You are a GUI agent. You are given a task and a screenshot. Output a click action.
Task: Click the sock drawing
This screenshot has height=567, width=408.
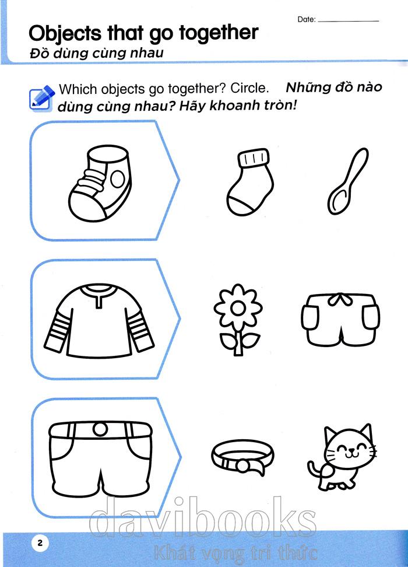[x=250, y=182]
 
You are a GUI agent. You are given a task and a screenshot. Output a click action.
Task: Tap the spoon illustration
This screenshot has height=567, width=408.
[x=347, y=181]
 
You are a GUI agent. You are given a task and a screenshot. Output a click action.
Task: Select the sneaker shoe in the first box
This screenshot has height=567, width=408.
[x=100, y=183]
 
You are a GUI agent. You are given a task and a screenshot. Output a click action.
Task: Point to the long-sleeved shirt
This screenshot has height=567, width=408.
[x=99, y=321]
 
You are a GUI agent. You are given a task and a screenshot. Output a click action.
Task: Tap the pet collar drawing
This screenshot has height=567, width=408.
[x=242, y=457]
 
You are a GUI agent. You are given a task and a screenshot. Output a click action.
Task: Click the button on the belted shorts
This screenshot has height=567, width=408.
[x=100, y=429]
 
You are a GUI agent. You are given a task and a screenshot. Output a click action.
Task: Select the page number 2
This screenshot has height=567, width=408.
[x=40, y=542]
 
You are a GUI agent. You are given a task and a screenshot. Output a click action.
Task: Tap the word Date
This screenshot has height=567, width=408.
[x=307, y=19]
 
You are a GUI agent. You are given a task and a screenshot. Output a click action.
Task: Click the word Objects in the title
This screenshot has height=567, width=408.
[x=65, y=34]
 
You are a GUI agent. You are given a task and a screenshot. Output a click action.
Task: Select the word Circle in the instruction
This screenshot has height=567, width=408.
[x=249, y=88]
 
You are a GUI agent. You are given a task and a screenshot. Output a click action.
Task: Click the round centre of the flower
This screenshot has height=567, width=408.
[x=238, y=309]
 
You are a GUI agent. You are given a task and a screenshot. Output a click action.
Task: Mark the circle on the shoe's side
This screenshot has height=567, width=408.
[x=118, y=179]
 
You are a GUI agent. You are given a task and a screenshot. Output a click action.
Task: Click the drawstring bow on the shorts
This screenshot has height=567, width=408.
[x=340, y=299]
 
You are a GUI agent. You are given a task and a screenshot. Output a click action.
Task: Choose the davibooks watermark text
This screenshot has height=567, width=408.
[x=202, y=517]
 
